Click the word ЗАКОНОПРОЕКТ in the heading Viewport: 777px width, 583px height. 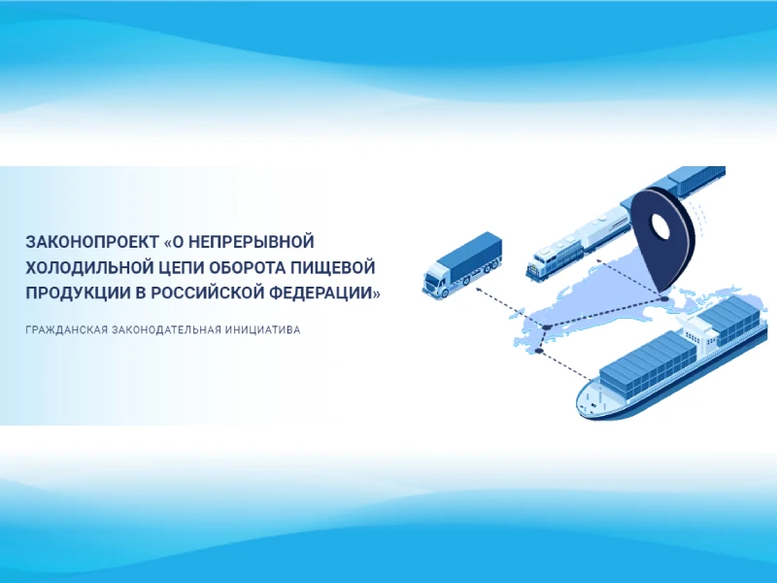(91, 242)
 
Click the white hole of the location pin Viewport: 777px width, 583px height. (660, 226)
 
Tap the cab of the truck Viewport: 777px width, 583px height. (436, 281)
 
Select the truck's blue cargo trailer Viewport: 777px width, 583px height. (470, 255)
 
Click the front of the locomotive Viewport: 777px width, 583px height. (539, 265)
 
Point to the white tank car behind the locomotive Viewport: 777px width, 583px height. (601, 227)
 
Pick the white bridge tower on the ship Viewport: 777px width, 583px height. (698, 330)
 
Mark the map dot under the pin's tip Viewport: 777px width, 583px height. (663, 299)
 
